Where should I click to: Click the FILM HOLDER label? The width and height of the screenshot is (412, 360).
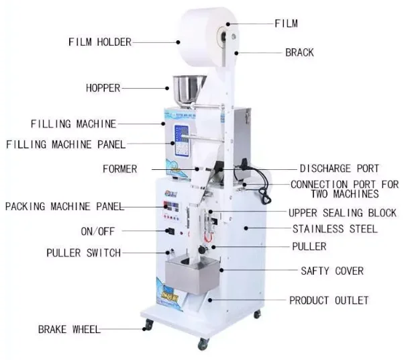click(x=100, y=42)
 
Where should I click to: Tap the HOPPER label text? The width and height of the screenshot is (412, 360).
click(x=103, y=87)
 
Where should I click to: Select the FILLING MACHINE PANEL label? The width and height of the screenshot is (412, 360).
click(x=66, y=144)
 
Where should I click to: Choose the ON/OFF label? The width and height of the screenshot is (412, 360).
click(x=98, y=231)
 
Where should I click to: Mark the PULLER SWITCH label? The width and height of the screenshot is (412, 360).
click(x=83, y=253)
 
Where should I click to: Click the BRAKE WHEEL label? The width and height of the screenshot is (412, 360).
click(x=69, y=329)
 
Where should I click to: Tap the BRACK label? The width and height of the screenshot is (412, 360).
click(x=299, y=52)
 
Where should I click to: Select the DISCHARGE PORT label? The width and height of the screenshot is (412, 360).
click(x=339, y=169)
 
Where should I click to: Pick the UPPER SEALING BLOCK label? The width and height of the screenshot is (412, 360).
click(x=342, y=213)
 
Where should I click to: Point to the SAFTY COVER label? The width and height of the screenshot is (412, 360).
click(x=331, y=271)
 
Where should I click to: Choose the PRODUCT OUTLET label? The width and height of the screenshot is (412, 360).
click(x=329, y=300)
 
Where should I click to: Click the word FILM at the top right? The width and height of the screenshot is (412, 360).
click(x=286, y=24)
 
